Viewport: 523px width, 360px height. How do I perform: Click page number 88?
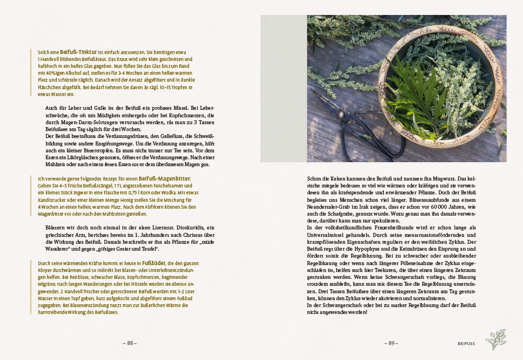(130, 343)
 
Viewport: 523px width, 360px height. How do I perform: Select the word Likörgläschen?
(82, 158)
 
